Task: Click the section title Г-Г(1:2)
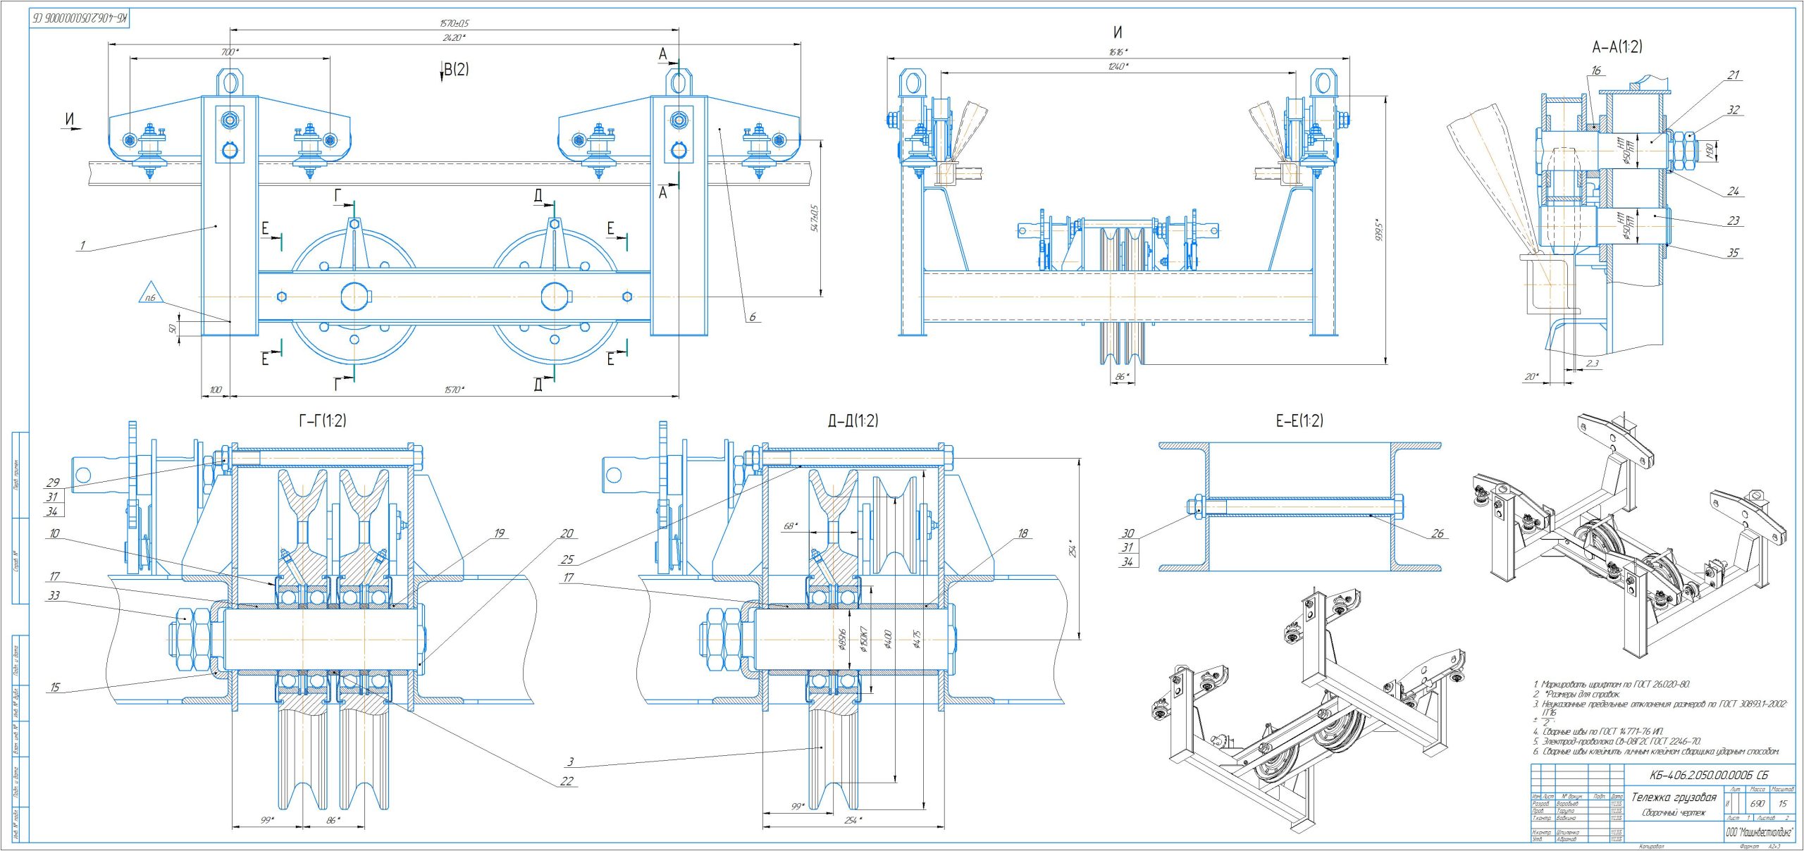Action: coord(323,421)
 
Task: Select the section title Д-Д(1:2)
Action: coord(853,421)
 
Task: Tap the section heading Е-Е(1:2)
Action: coord(1299,421)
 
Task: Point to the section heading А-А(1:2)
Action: coord(1617,47)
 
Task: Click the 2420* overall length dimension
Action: coord(455,37)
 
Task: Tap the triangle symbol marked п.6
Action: coord(150,294)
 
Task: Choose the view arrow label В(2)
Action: coord(455,69)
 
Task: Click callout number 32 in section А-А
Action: coord(1734,110)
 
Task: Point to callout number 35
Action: coord(1733,253)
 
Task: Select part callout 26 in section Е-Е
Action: coord(1438,533)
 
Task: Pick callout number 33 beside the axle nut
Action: coord(54,595)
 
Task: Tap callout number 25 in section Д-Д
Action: coord(567,559)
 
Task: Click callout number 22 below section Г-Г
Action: coord(567,781)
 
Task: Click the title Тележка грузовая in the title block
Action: coord(1674,797)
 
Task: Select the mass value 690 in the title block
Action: coord(1757,804)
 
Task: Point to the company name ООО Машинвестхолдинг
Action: coord(1759,833)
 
